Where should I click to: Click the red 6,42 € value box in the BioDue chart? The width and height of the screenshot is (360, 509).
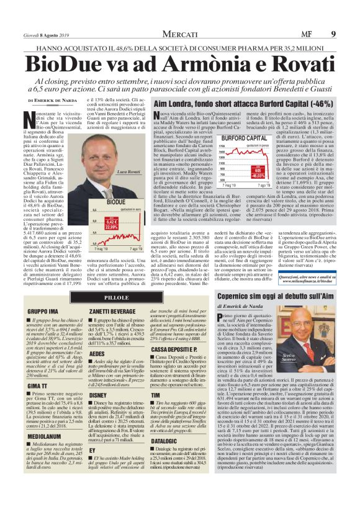pos(112,222)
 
